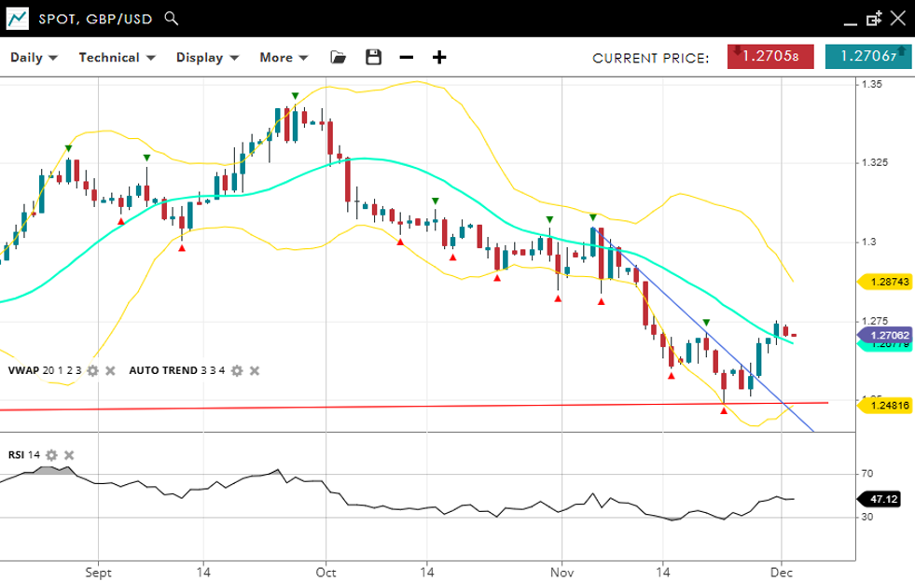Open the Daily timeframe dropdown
[x=34, y=58]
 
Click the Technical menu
[x=116, y=58]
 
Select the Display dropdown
[x=207, y=58]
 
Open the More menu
[x=283, y=58]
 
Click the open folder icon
[x=339, y=58]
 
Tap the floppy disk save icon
[x=373, y=58]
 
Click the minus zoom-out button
[x=406, y=58]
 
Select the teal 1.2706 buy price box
[x=867, y=57]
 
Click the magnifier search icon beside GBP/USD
[x=171, y=19]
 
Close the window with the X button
[x=897, y=19]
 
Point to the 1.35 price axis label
[x=873, y=85]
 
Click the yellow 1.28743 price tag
[x=882, y=281]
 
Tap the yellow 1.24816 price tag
[x=882, y=406]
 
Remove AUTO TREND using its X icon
[x=255, y=371]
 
